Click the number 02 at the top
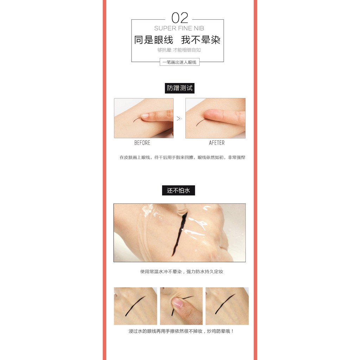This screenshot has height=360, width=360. [x=180, y=18]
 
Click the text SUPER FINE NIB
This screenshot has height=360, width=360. [x=179, y=28]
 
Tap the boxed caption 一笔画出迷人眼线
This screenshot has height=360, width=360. [x=179, y=62]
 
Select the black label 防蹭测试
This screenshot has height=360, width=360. [x=180, y=88]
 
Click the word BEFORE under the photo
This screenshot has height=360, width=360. [x=142, y=143]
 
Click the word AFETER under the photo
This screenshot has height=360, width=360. [x=217, y=143]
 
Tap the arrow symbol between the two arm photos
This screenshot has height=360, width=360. [x=179, y=119]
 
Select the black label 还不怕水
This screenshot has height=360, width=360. [x=179, y=191]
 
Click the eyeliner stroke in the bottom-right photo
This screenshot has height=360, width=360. [x=225, y=304]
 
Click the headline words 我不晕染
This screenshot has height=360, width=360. [x=201, y=40]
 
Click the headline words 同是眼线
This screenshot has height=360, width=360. [x=154, y=40]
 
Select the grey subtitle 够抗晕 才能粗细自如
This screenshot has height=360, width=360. [x=179, y=50]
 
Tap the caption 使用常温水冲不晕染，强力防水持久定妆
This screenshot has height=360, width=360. [x=181, y=271]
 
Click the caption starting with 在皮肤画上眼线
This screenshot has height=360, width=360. [x=182, y=157]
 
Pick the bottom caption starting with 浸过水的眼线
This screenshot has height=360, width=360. [x=181, y=331]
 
